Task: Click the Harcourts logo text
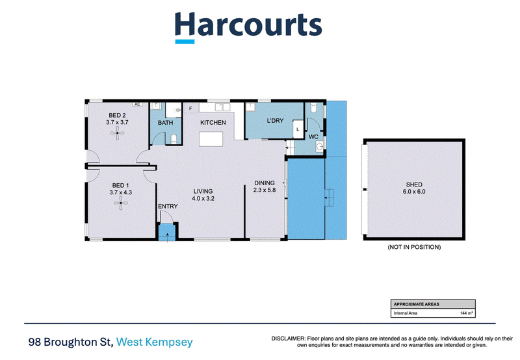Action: coord(248,25)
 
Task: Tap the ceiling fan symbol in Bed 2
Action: coord(117,134)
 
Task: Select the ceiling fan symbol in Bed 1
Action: coord(121,203)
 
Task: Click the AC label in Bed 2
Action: coord(137,104)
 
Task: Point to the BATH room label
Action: coord(166,123)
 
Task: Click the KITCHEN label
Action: coord(213,123)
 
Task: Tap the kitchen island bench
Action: coord(211,139)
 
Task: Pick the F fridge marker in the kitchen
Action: coord(190,109)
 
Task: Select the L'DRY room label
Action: coord(275,121)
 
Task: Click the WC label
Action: coord(313,137)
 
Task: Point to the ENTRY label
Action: coord(168,206)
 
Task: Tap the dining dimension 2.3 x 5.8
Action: coord(265,190)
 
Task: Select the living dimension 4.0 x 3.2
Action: coord(203,199)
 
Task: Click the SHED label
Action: coord(414,185)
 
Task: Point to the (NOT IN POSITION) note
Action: coord(414,247)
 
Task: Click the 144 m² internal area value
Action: coord(466,313)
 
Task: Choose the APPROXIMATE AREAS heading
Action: coord(416,304)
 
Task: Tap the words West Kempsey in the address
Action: coord(155,342)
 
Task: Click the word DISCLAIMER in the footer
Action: coord(288,339)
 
